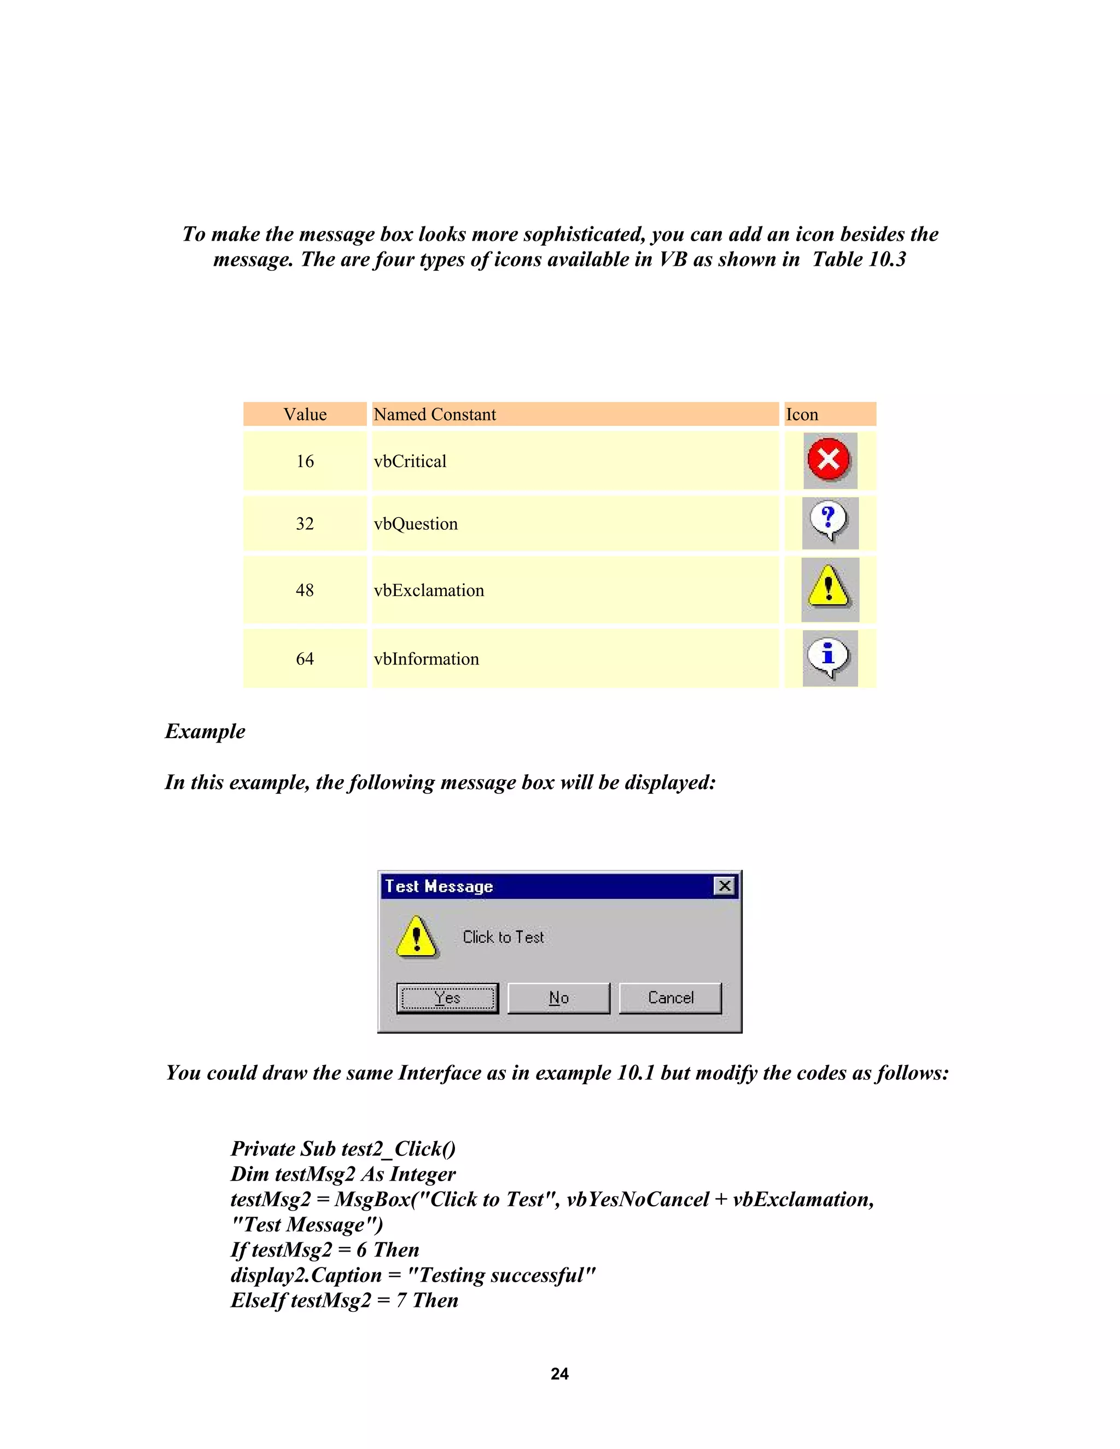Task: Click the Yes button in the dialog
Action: tap(447, 998)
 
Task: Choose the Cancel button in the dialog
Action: tap(670, 998)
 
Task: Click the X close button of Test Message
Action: tap(725, 886)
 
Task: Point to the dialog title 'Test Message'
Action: tap(439, 886)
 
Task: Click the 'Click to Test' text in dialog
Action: tap(503, 937)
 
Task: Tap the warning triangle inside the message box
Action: tap(416, 937)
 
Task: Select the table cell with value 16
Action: tap(305, 461)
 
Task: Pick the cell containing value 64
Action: tap(305, 659)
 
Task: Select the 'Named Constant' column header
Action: tap(435, 414)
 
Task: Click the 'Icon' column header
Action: tap(802, 414)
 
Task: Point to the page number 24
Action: tap(559, 1374)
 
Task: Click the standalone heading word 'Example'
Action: tap(205, 731)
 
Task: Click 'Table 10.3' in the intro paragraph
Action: tap(859, 259)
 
